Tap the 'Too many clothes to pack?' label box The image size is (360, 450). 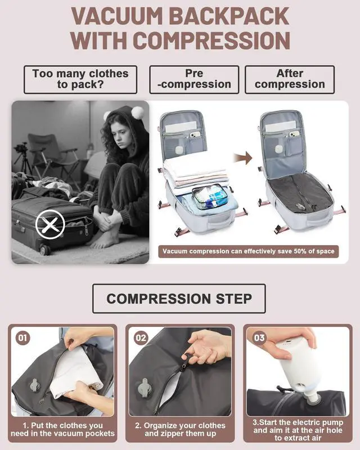click(x=80, y=79)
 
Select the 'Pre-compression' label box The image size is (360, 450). click(x=193, y=79)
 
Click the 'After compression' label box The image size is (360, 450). click(x=290, y=79)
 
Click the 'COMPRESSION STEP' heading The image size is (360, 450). click(x=179, y=298)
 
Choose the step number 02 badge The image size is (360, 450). click(x=141, y=338)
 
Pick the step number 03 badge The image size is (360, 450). click(x=259, y=338)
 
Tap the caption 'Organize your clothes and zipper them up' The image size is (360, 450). click(x=179, y=429)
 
